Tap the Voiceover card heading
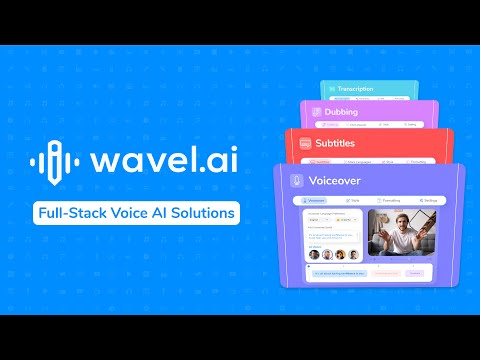pos(336,182)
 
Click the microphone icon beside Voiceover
pos(296,182)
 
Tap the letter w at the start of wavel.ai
pos(105,163)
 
